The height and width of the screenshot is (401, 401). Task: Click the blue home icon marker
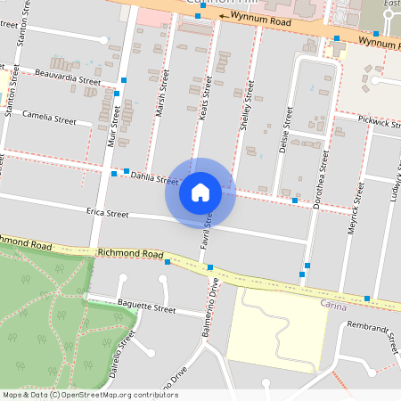coord(200,192)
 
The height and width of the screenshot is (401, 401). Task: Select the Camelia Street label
coord(49,116)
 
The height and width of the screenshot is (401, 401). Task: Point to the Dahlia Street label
coord(154,178)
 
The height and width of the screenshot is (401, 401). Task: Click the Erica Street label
coord(107,214)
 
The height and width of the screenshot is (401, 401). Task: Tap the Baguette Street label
coord(147,308)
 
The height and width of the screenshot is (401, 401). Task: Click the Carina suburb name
coord(334,305)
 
